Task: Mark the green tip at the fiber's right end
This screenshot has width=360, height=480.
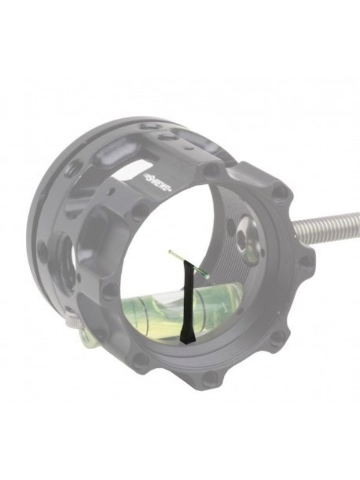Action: (208, 274)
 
